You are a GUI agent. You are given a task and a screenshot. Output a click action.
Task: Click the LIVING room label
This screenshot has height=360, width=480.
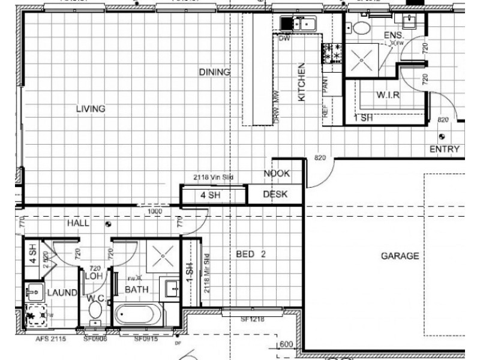[91, 109]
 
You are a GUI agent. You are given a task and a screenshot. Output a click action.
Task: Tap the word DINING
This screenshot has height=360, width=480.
[214, 73]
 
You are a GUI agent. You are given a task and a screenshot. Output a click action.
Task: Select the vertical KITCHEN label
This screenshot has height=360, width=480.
[302, 82]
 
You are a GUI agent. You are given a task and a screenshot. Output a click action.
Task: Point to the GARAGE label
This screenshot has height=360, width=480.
[400, 256]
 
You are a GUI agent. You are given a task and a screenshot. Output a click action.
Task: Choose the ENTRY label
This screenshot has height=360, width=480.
[445, 149]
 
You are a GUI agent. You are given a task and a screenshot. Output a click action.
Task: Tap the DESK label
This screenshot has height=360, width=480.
[275, 194]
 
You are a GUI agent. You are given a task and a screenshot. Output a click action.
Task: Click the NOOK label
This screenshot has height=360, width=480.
[277, 173]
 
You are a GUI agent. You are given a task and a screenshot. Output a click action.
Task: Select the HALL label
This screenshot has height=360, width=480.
[79, 223]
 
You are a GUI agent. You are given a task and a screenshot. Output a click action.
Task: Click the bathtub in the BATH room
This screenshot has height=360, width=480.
[137, 314]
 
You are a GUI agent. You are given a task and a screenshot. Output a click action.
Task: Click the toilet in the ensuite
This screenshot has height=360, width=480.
[361, 27]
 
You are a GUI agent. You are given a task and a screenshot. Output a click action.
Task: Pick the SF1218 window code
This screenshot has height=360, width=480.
[253, 320]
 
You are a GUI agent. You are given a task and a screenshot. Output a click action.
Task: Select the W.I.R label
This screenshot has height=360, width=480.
[388, 95]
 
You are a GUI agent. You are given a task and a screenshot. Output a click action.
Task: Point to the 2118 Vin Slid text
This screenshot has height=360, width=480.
[213, 177]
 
